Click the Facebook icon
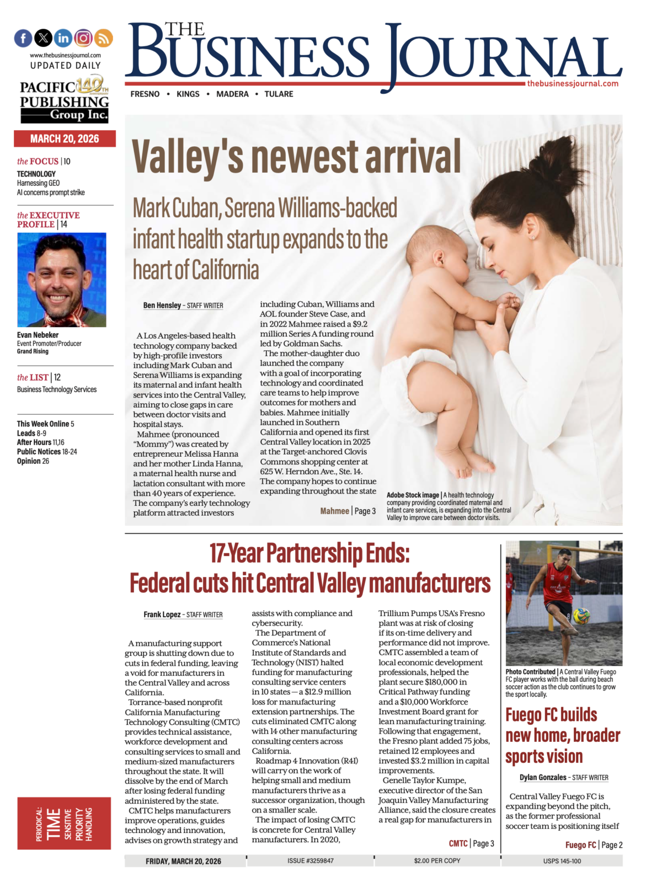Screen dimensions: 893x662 [x=23, y=38]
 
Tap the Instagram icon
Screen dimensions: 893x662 [x=83, y=38]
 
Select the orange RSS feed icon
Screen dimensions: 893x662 [x=104, y=38]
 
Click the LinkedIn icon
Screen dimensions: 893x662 [x=63, y=38]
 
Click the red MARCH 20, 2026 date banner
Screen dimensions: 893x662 [x=65, y=138]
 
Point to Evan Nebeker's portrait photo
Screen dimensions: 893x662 [x=61, y=280]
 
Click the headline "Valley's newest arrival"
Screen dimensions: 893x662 [x=296, y=157]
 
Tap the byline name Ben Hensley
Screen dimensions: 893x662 [x=162, y=305]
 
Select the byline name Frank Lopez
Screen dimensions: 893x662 [x=162, y=614]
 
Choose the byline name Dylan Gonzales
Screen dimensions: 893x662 [x=543, y=777]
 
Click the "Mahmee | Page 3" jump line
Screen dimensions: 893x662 [x=348, y=511]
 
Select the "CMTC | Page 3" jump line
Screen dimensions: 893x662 [x=471, y=843]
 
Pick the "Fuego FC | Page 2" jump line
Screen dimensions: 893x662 [x=594, y=845]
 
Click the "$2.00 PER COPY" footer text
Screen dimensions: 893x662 [x=437, y=860]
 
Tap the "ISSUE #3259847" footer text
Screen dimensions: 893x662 [x=310, y=860]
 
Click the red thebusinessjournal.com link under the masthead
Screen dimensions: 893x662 [x=573, y=84]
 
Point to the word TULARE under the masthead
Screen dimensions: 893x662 [x=279, y=94]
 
